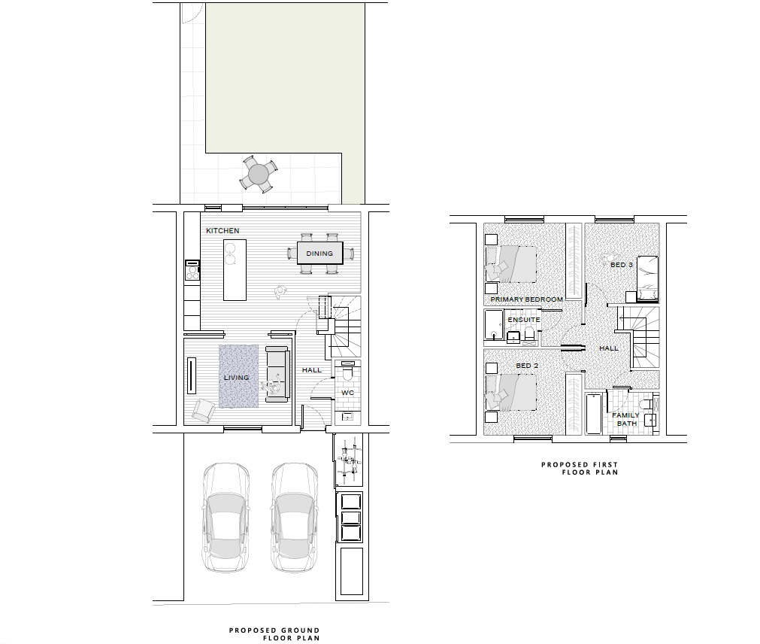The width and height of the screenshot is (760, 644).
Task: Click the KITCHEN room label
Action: (223, 230)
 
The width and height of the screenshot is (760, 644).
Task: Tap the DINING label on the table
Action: (319, 254)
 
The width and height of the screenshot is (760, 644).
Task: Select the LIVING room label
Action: (235, 378)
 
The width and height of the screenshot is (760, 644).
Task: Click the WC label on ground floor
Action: (347, 393)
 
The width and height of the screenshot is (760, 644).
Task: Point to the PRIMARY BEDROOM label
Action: (526, 299)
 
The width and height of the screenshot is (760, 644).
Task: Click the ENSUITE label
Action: (523, 320)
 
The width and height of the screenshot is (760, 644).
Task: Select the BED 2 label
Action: (527, 366)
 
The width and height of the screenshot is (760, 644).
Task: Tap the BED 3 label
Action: (621, 265)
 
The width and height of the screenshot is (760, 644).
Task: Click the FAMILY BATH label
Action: (625, 419)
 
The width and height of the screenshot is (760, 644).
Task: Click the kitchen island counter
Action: (235, 269)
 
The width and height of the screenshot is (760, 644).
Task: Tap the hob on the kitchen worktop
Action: (192, 269)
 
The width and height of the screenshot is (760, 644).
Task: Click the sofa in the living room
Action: (277, 372)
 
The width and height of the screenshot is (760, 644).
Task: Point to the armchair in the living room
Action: (203, 409)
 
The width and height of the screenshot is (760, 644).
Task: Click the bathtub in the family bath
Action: (593, 413)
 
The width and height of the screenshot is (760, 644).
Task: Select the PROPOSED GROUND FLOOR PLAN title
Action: (274, 634)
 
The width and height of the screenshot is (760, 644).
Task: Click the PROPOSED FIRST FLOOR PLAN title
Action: (580, 469)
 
